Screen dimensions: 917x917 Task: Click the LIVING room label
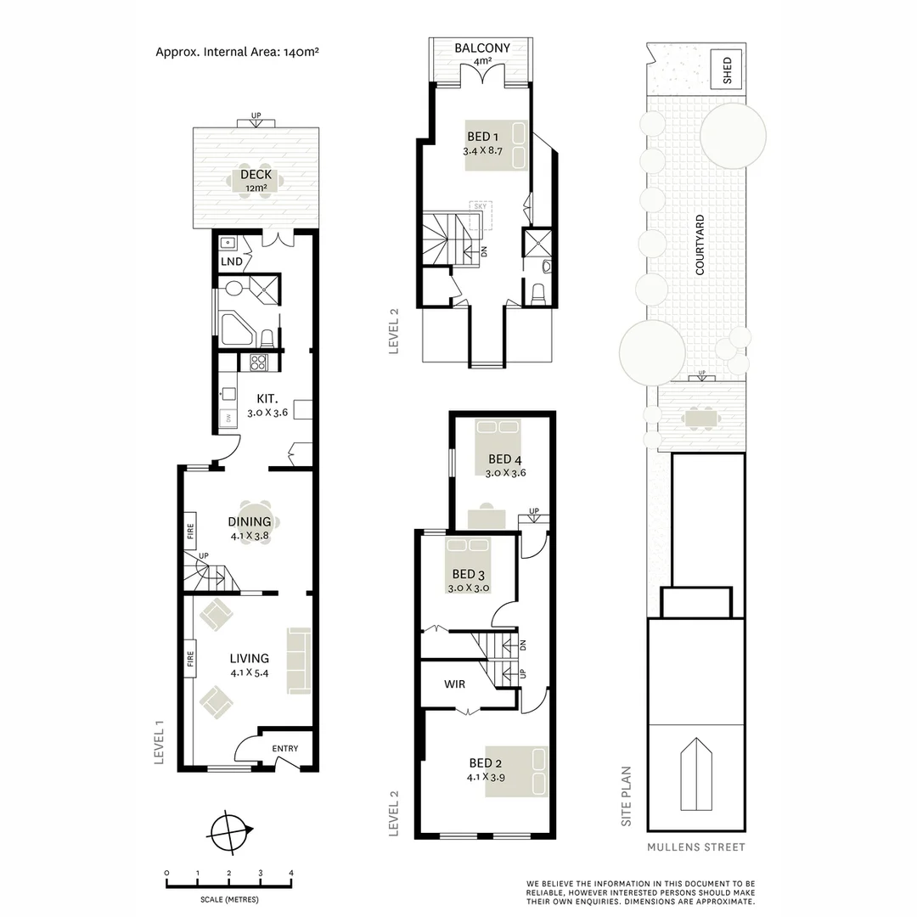(x=249, y=658)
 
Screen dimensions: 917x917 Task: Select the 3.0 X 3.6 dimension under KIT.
(x=268, y=413)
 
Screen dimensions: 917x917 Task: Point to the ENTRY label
(x=285, y=748)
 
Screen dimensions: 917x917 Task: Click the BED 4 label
(x=504, y=459)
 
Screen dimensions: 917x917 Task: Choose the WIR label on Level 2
(x=453, y=684)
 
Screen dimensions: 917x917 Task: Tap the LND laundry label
(x=231, y=262)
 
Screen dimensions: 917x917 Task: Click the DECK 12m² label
(x=256, y=180)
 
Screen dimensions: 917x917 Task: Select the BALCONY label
(x=482, y=48)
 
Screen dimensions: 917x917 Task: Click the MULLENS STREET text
(x=695, y=847)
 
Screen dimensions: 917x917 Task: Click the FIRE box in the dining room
(x=190, y=532)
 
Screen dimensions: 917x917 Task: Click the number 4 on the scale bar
(x=291, y=873)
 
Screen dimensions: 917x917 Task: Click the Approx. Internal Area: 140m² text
(x=237, y=51)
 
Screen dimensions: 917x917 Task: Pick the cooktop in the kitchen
(x=258, y=363)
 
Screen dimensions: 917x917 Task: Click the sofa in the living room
(x=299, y=660)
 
